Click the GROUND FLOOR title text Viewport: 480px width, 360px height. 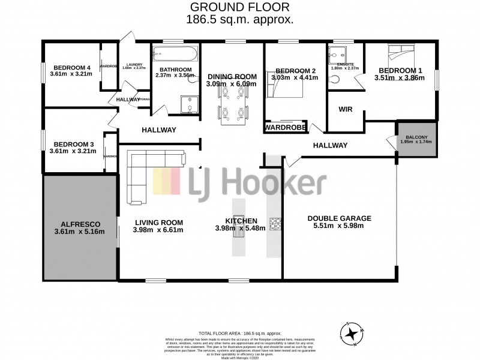coord(240,7)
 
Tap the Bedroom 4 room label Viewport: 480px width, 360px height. coord(72,67)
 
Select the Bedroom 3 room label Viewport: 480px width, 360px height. coord(74,144)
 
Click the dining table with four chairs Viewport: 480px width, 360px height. coord(231,112)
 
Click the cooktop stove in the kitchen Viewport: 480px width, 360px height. coord(275,223)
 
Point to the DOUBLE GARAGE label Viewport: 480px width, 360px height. coord(339,218)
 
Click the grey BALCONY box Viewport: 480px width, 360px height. coord(416,139)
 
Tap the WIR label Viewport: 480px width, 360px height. coord(345,110)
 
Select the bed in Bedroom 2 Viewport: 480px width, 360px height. coord(285,88)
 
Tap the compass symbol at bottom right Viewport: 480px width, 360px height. coord(352,334)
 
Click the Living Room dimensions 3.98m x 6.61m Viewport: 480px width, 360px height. coord(158,229)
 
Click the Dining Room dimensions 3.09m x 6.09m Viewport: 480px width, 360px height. coord(232,84)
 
